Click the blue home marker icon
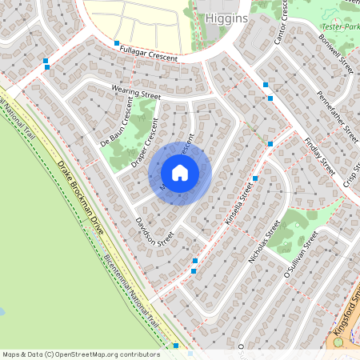pos(180,173)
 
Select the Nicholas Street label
pos(265,242)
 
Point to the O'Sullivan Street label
pos(301,254)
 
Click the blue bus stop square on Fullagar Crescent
pos(117,43)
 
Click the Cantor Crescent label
pos(281,22)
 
